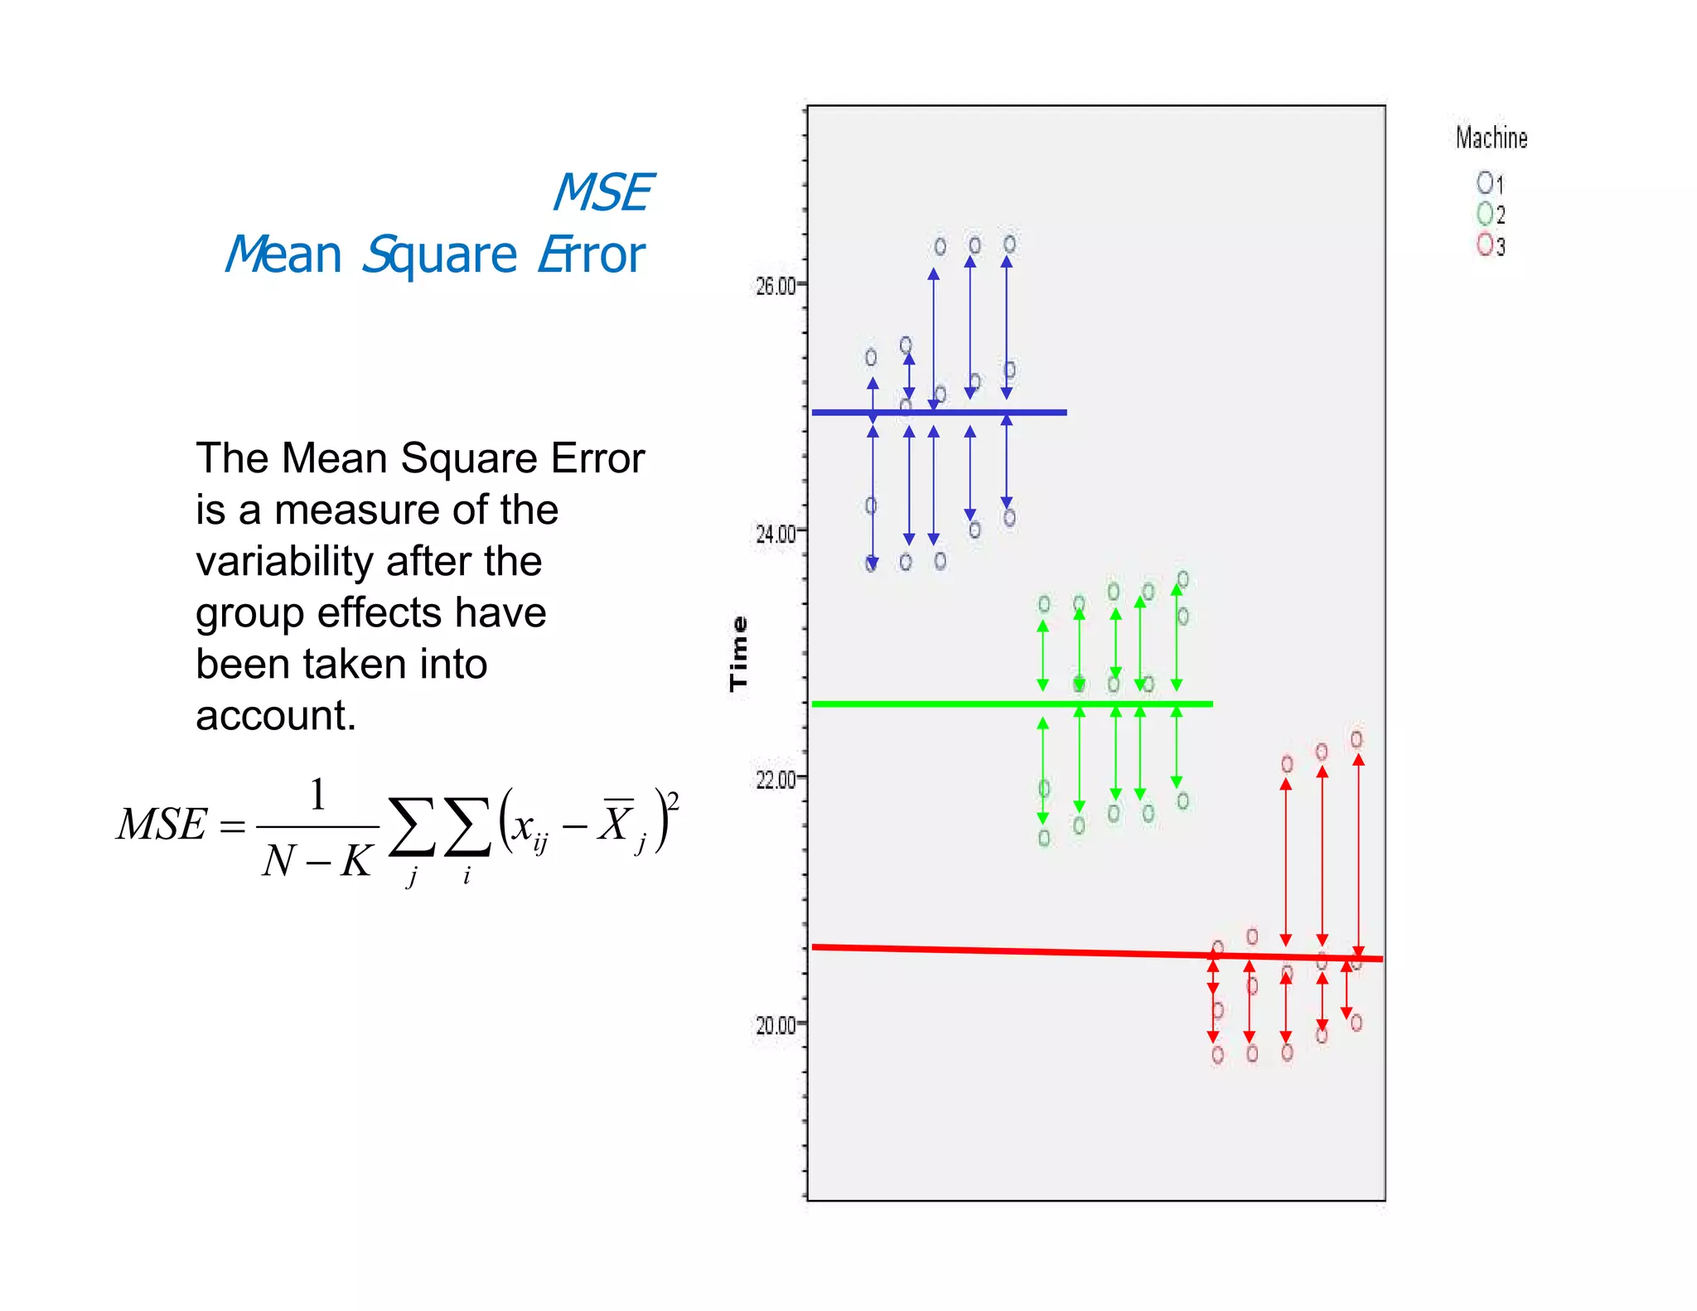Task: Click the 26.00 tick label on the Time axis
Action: click(x=774, y=286)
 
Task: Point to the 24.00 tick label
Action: click(x=774, y=533)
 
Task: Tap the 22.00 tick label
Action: click(x=774, y=779)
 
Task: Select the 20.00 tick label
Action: click(x=774, y=1025)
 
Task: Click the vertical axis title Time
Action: click(x=738, y=654)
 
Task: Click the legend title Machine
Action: click(x=1492, y=138)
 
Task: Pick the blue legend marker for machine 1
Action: click(x=1484, y=181)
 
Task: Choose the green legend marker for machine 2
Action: click(x=1484, y=213)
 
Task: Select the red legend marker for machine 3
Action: click(x=1484, y=244)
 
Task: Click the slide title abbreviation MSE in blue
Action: click(x=602, y=193)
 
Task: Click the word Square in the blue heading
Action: click(x=439, y=254)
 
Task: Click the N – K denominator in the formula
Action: click(x=317, y=861)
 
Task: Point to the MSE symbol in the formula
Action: click(x=162, y=825)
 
